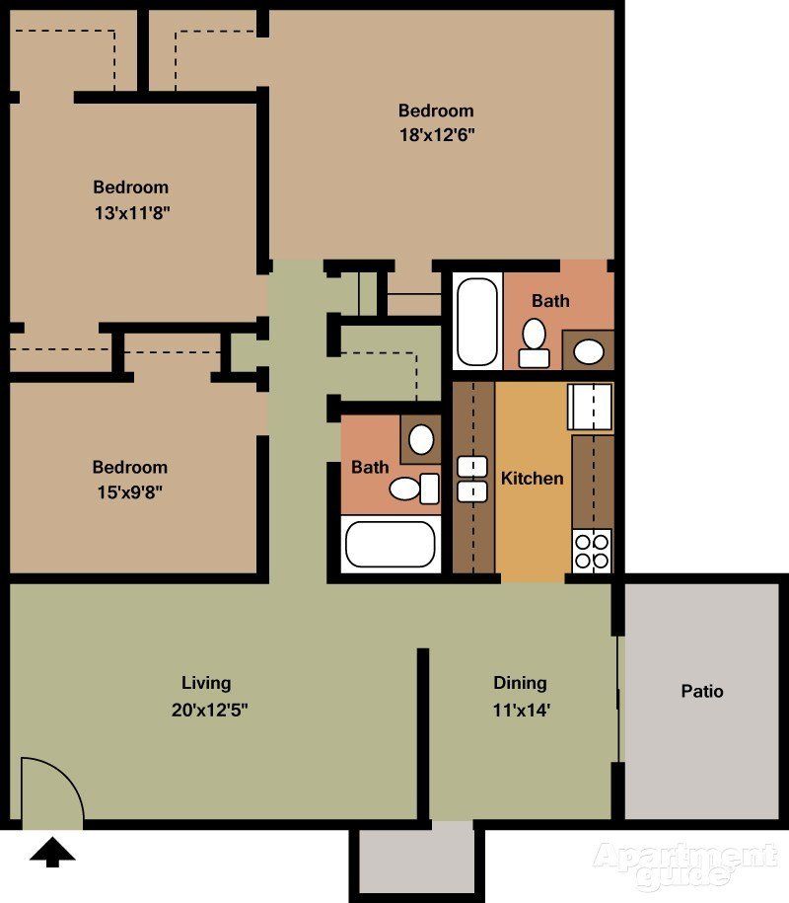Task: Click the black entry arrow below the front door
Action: tap(52, 852)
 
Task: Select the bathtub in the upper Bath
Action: tap(478, 322)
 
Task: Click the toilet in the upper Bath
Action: tap(535, 341)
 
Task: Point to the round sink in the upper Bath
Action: tap(590, 350)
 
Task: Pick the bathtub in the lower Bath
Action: tap(391, 543)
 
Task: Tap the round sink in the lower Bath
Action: tap(421, 438)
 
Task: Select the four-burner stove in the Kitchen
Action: tap(592, 550)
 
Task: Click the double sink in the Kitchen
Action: tap(473, 479)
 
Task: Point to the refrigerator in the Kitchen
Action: tap(591, 406)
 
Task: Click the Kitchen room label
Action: tap(533, 479)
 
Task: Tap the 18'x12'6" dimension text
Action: tap(436, 136)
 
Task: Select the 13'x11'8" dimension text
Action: tap(130, 212)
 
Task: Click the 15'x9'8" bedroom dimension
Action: tap(129, 492)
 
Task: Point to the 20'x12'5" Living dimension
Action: tap(206, 709)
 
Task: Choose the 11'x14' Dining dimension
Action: tap(520, 709)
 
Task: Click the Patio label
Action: tap(702, 692)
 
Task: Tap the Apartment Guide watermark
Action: tap(684, 863)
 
